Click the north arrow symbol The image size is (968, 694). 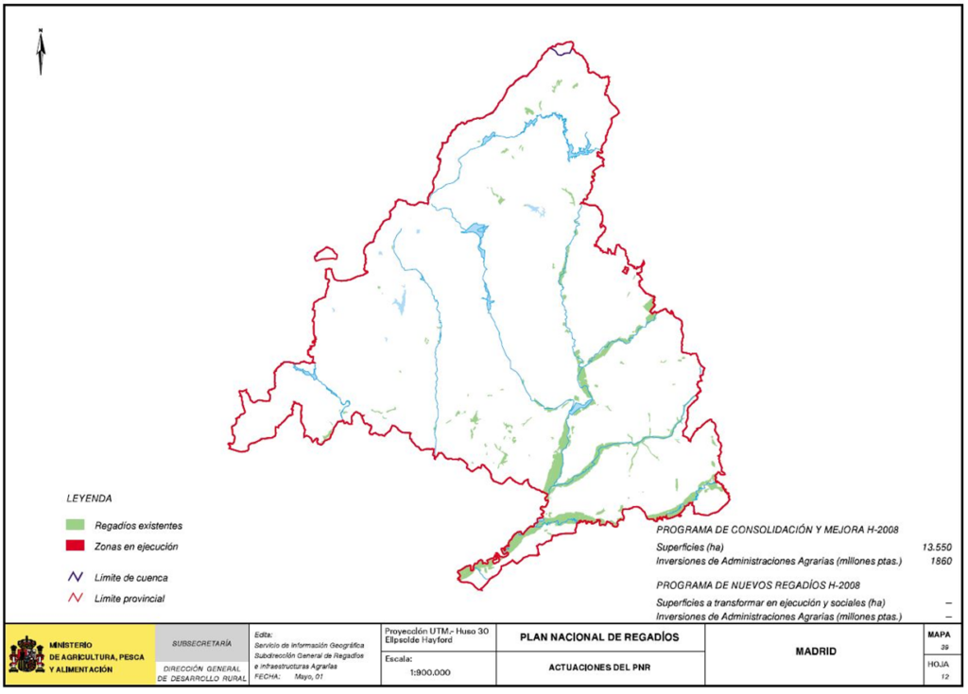[41, 52]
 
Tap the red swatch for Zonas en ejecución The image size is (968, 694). [76, 547]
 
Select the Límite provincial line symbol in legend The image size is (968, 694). [75, 598]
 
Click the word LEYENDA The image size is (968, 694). [89, 497]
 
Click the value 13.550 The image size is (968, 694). [937, 547]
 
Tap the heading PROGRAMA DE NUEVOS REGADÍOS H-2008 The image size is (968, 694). [758, 584]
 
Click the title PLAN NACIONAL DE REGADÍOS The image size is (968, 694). [599, 637]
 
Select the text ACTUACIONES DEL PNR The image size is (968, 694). [599, 667]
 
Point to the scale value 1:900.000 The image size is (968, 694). [430, 672]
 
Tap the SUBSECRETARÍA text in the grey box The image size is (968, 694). [201, 642]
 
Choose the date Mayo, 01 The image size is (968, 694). [313, 675]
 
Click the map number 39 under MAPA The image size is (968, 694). [942, 649]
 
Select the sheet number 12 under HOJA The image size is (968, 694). [942, 677]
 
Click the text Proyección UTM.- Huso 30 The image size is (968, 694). [435, 631]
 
